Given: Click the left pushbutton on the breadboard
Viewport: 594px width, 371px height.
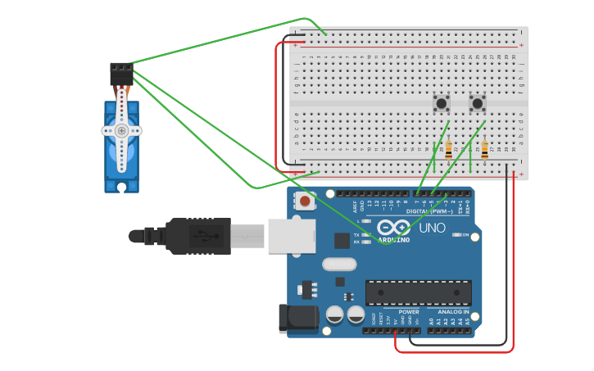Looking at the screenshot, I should click(442, 103).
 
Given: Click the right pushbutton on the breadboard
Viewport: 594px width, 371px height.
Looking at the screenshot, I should click(478, 103).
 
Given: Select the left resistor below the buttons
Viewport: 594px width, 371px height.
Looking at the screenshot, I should click(448, 150).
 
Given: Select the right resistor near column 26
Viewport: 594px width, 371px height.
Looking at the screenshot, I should click(484, 150).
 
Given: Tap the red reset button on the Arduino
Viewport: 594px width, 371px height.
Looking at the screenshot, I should click(306, 201).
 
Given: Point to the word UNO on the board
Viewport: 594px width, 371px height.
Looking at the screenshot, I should click(432, 228).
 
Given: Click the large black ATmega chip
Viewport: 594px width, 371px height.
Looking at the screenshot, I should click(418, 292).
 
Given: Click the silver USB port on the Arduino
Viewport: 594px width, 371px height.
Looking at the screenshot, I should click(291, 236).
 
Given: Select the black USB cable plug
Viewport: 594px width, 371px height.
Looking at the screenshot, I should click(197, 236).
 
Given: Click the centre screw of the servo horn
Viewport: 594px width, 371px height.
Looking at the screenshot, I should click(121, 130).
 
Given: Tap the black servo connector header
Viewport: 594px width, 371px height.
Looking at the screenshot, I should click(121, 73).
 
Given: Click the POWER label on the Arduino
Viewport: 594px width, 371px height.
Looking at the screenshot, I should click(408, 312).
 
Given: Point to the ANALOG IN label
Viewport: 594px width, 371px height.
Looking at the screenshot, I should click(453, 312).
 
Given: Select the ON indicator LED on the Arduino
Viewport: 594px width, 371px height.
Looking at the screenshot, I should click(457, 235).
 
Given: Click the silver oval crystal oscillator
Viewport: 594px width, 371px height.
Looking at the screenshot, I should click(339, 264).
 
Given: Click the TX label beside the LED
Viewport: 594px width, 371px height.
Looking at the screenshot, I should click(356, 234).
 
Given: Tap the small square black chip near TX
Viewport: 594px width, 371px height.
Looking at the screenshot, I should click(342, 240).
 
